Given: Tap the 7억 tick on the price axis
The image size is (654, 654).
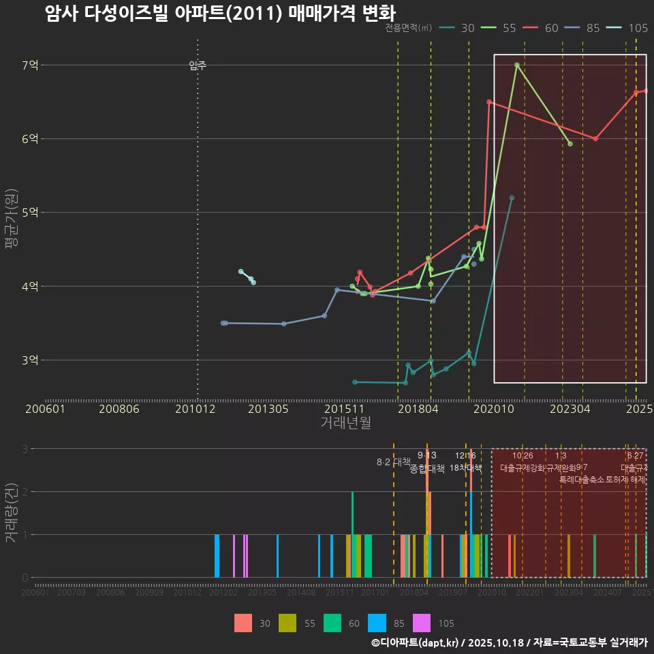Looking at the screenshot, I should [x=31, y=65].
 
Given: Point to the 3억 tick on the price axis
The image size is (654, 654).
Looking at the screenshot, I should [x=31, y=360].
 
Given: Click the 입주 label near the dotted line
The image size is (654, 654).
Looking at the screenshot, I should [x=198, y=65].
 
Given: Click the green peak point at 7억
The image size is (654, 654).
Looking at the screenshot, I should [x=517, y=65].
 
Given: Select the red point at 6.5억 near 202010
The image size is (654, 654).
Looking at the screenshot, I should [x=489, y=102].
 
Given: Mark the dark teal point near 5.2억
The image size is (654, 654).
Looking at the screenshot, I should [x=512, y=198].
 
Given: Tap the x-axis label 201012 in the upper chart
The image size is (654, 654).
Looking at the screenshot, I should [x=195, y=409].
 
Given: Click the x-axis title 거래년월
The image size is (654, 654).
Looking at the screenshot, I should [x=345, y=423].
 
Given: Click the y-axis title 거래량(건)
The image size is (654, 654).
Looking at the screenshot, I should [x=12, y=513].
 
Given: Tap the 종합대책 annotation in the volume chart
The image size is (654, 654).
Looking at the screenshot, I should [x=427, y=469].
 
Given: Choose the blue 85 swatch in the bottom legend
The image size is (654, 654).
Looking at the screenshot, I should [x=377, y=623].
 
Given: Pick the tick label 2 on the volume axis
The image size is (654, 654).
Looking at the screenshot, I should [x=25, y=492].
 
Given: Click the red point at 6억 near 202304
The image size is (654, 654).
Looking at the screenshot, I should [x=595, y=139].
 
